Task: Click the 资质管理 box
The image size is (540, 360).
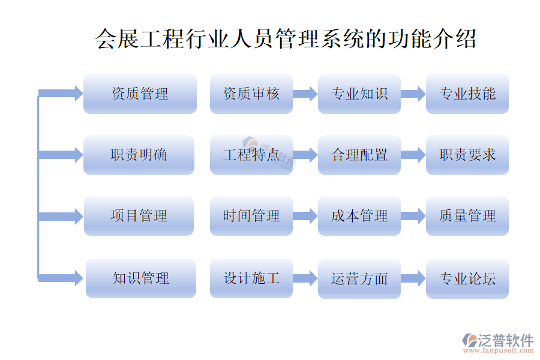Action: pos(140,94)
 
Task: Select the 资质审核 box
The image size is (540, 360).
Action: pos(251,94)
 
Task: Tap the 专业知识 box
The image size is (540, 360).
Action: pos(359,94)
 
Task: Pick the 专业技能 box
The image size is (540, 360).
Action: pos(467,94)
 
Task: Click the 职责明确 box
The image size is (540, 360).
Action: pos(139,155)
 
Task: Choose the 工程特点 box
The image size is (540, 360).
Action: pos(251,155)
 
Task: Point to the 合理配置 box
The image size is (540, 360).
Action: pos(359,155)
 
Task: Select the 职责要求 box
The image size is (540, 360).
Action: pos(467,155)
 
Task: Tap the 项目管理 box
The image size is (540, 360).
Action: pos(139,216)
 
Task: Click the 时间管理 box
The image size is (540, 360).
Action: pos(251,216)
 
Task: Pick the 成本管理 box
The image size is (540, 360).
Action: pos(359,216)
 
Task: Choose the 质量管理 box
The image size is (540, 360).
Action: pos(467,216)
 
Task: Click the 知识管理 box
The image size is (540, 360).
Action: pos(140,278)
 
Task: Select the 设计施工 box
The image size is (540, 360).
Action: pos(251,278)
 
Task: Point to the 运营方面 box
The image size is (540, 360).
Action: pos(359,278)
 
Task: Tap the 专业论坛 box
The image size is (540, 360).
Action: pos(467,278)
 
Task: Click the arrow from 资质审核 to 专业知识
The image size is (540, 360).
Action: pos(305,94)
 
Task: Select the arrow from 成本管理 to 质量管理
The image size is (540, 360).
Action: pos(413,216)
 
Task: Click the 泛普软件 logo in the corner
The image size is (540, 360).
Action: pos(498,342)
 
